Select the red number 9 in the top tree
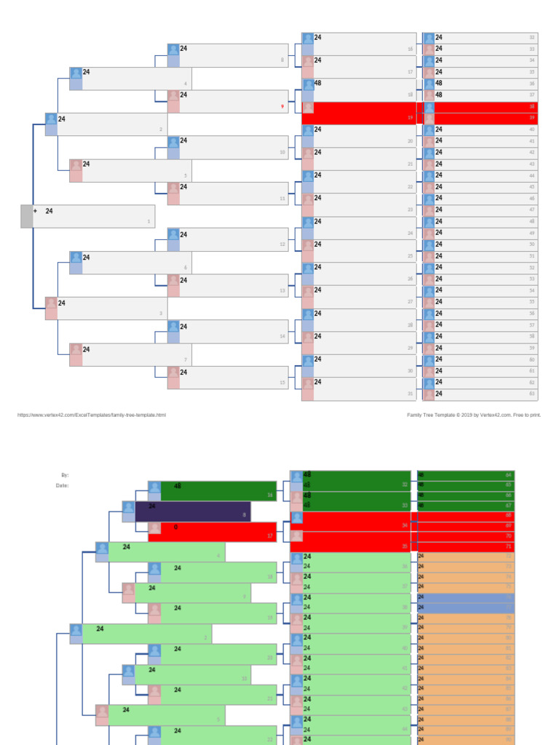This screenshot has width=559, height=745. click(x=282, y=107)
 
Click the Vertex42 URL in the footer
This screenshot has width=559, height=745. click(x=92, y=415)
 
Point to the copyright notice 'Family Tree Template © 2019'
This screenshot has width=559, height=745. click(x=474, y=415)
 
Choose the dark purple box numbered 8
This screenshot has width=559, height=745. click(x=193, y=511)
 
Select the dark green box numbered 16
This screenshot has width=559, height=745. click(x=218, y=491)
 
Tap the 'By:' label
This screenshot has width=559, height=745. click(x=65, y=474)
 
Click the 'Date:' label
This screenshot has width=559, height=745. click(x=62, y=485)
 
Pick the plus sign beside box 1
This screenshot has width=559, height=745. click(x=35, y=211)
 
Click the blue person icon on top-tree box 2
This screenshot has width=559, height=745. click(x=51, y=119)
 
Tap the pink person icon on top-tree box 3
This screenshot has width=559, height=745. click(x=51, y=303)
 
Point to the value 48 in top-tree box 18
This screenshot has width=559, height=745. click(x=317, y=83)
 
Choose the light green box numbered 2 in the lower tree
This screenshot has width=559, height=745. click(x=146, y=634)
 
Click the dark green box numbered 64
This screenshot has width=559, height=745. click(x=466, y=474)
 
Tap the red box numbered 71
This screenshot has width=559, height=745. click(x=466, y=546)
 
